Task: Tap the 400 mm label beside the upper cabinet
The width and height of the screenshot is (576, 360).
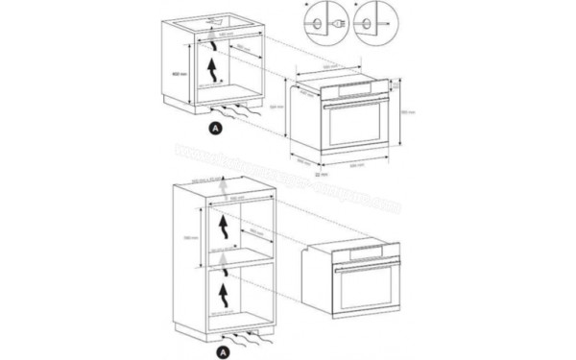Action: pyautogui.click(x=177, y=72)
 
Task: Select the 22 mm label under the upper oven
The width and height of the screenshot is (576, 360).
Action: pyautogui.click(x=319, y=176)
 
